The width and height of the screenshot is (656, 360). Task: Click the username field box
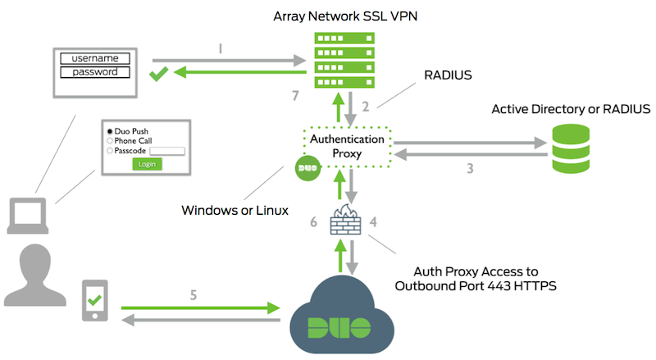(95, 58)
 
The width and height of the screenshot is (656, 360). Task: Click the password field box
(95, 72)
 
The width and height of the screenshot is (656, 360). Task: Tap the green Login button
(148, 163)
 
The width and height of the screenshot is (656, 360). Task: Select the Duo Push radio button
(108, 131)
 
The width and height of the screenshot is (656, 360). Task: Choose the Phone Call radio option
(108, 140)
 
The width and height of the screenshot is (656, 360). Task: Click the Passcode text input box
(168, 150)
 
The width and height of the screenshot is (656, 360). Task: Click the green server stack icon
(339, 63)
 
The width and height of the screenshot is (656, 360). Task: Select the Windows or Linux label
(235, 211)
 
